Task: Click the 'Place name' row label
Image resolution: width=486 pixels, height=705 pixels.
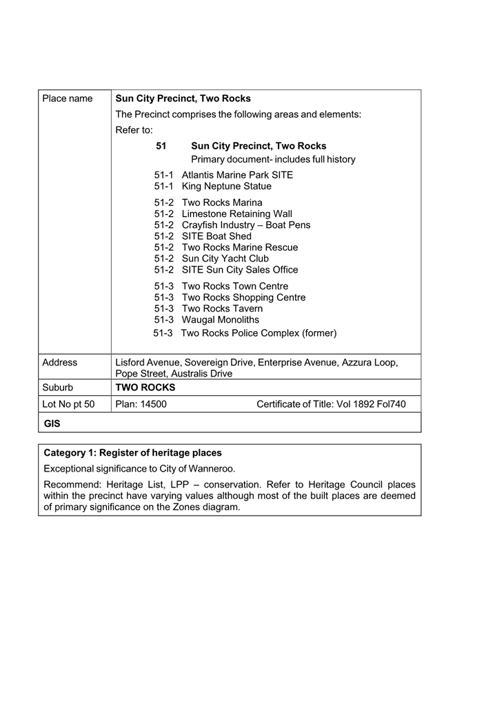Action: pyautogui.click(x=67, y=98)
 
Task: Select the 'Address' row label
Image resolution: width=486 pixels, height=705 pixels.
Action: pyautogui.click(x=59, y=362)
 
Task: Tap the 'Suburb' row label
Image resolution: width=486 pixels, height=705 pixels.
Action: pyautogui.click(x=58, y=388)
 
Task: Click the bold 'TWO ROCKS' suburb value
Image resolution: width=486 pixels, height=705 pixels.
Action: pyautogui.click(x=145, y=388)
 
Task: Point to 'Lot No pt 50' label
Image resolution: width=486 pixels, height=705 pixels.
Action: pyautogui.click(x=68, y=404)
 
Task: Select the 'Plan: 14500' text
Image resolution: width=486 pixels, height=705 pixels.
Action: pyautogui.click(x=141, y=404)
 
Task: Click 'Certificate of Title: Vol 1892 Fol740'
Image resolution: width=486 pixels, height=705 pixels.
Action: pyautogui.click(x=331, y=404)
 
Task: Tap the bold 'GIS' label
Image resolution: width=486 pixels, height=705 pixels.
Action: pyautogui.click(x=52, y=424)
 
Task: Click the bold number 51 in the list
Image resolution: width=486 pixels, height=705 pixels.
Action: pyautogui.click(x=161, y=146)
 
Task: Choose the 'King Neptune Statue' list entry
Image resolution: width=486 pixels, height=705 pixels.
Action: pyautogui.click(x=226, y=186)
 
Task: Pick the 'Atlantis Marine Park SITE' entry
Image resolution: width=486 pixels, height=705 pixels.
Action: pyautogui.click(x=237, y=175)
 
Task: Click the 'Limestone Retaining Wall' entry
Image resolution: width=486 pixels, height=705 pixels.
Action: pyautogui.click(x=237, y=214)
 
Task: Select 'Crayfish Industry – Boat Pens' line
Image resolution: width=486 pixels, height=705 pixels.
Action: pyautogui.click(x=246, y=225)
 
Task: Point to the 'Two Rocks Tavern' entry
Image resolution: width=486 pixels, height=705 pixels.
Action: pyautogui.click(x=222, y=308)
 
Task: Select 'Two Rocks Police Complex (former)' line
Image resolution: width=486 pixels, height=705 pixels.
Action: pyautogui.click(x=259, y=333)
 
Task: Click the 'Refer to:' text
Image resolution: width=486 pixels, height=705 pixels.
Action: pyautogui.click(x=134, y=129)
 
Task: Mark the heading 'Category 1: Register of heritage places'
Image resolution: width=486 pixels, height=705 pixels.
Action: pyautogui.click(x=133, y=453)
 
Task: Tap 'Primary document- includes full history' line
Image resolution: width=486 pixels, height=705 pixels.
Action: pyautogui.click(x=273, y=159)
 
